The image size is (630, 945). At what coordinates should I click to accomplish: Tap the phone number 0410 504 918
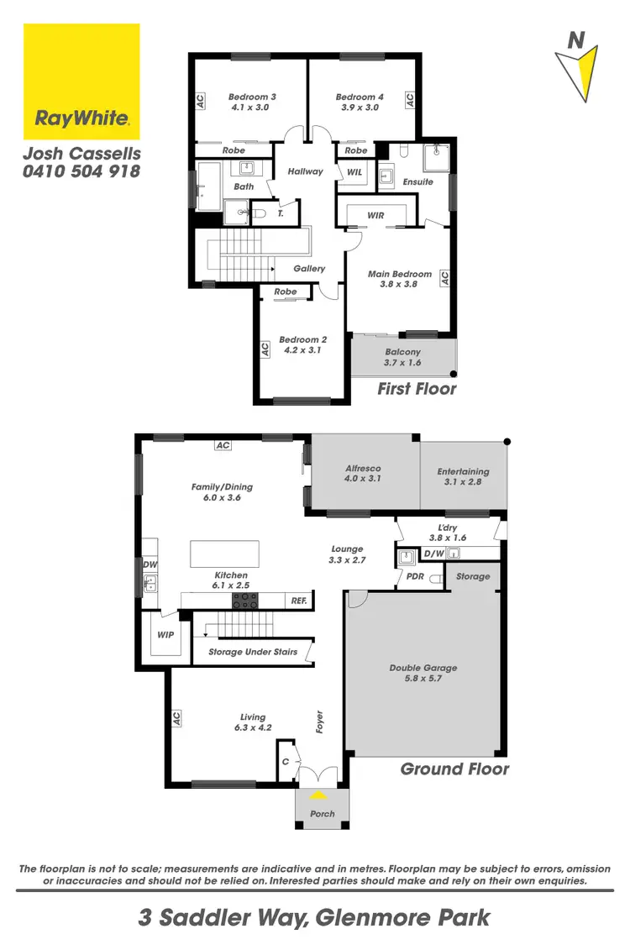point(81,171)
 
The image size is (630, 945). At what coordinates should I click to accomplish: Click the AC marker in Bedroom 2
point(265,348)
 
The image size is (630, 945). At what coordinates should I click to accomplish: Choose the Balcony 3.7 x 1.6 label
point(402,357)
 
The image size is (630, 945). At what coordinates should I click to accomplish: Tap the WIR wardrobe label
point(375,216)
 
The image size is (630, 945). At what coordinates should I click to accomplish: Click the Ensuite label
point(417,181)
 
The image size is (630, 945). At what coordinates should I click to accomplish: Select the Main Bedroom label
point(400,279)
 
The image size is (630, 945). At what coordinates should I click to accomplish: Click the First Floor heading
point(417,388)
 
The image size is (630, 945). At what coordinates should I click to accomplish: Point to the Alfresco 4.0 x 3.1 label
point(364,474)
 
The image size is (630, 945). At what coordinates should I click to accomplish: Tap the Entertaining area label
point(464,477)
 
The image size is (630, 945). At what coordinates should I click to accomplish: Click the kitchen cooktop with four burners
point(245,601)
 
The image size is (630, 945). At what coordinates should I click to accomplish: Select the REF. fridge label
point(299,601)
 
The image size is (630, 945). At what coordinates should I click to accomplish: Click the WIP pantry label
point(165,635)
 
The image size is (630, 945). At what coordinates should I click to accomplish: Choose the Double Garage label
point(423,673)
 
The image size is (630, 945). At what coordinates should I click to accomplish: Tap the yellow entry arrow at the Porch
point(318,795)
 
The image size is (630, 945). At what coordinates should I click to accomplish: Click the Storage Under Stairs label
point(253,652)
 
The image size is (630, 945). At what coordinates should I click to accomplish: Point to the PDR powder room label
point(415,578)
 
